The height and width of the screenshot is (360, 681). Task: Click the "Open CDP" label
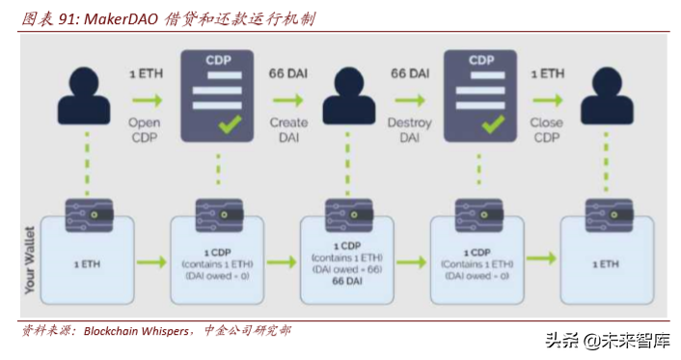coord(145,129)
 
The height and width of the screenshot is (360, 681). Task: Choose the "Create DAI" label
coord(288,129)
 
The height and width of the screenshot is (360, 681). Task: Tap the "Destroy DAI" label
coord(410,129)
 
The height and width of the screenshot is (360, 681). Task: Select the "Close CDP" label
coord(547,129)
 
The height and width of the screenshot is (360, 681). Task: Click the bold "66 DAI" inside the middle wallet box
coord(348,281)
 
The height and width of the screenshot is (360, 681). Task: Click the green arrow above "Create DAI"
coord(288,98)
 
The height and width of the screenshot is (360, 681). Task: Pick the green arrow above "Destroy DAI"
coord(410,98)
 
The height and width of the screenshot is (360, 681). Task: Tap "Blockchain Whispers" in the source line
coord(137,331)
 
